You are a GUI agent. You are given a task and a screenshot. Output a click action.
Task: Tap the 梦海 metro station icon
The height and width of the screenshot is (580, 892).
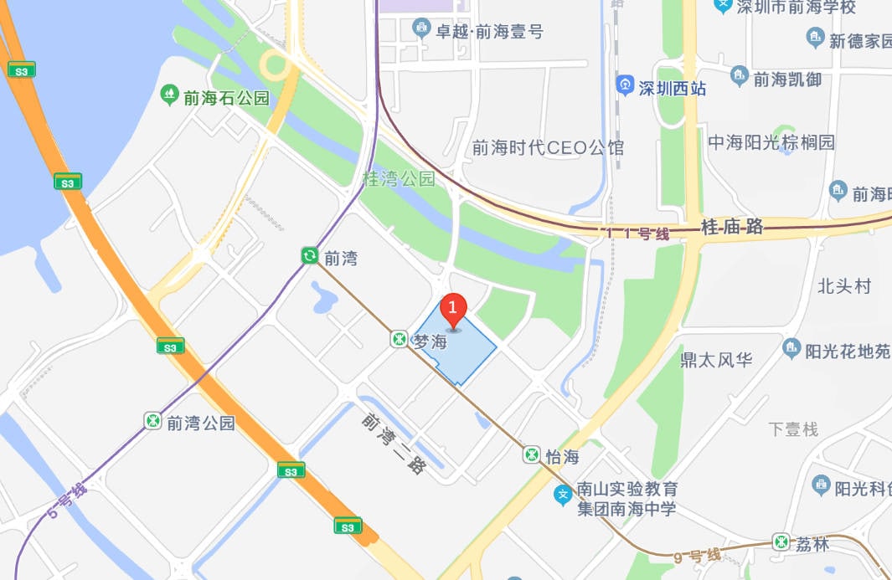[x=399, y=340]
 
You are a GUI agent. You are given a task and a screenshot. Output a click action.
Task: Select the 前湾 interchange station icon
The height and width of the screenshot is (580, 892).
[x=310, y=255]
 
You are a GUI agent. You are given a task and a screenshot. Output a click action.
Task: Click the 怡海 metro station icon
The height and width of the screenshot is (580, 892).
[x=532, y=454]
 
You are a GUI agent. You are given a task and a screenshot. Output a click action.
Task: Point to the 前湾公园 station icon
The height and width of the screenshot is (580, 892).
[x=152, y=420]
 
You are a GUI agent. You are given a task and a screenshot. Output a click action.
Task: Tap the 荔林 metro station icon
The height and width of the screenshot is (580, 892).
[x=781, y=542]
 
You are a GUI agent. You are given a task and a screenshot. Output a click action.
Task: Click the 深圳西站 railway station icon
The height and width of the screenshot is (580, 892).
[x=625, y=85]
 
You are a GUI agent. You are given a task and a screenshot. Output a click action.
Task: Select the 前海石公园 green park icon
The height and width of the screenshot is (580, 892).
[x=170, y=93]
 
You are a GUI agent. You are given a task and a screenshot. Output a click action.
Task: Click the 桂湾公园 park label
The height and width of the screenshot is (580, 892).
[x=400, y=178]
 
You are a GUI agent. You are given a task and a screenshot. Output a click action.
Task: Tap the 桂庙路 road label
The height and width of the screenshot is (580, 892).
[x=732, y=226]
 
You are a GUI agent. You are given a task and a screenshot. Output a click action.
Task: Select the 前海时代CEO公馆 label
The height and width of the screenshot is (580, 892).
[x=548, y=148]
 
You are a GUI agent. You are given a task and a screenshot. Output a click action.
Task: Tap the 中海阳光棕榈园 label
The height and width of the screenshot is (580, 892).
[x=771, y=142]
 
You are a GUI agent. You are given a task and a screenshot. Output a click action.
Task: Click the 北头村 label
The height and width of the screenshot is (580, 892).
[x=844, y=286]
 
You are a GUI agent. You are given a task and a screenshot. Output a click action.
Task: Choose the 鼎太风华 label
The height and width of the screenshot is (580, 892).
[x=716, y=360]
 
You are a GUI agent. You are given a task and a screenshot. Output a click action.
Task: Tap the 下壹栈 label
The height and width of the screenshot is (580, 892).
[x=792, y=429]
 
